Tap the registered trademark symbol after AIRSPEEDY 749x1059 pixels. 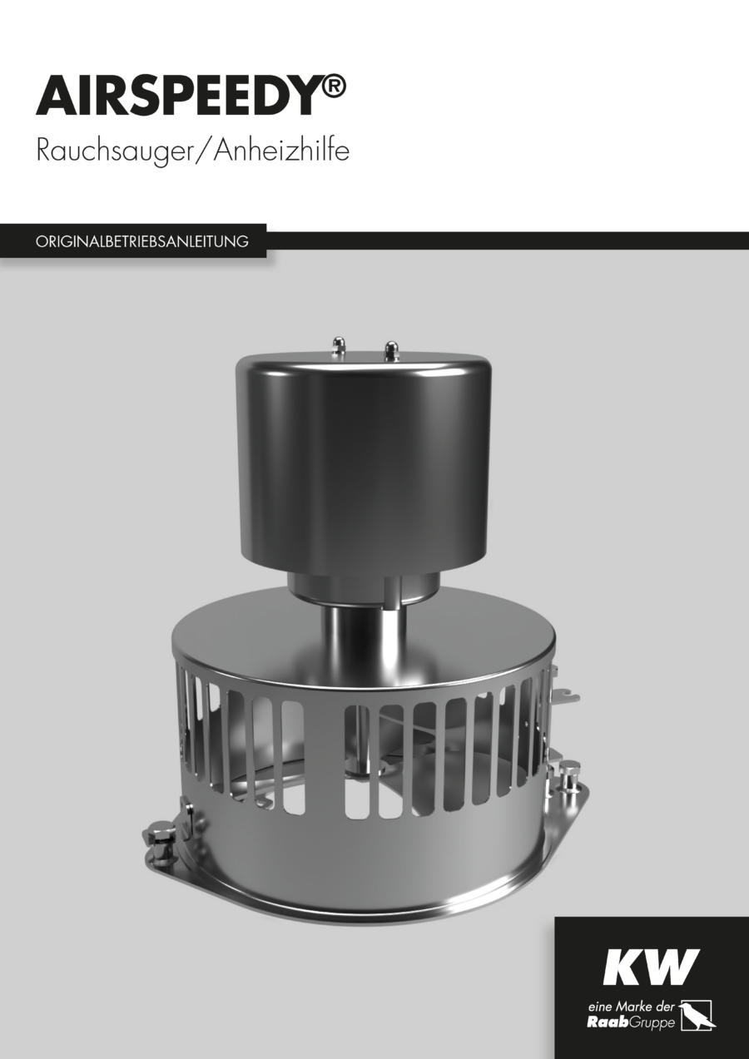click(x=332, y=87)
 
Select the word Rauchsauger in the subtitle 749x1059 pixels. click(x=116, y=152)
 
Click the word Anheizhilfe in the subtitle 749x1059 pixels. click(x=282, y=151)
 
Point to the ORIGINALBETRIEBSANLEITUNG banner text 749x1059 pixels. click(x=141, y=241)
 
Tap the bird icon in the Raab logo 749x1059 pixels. click(x=697, y=1016)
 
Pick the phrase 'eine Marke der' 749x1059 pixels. click(x=632, y=1006)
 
